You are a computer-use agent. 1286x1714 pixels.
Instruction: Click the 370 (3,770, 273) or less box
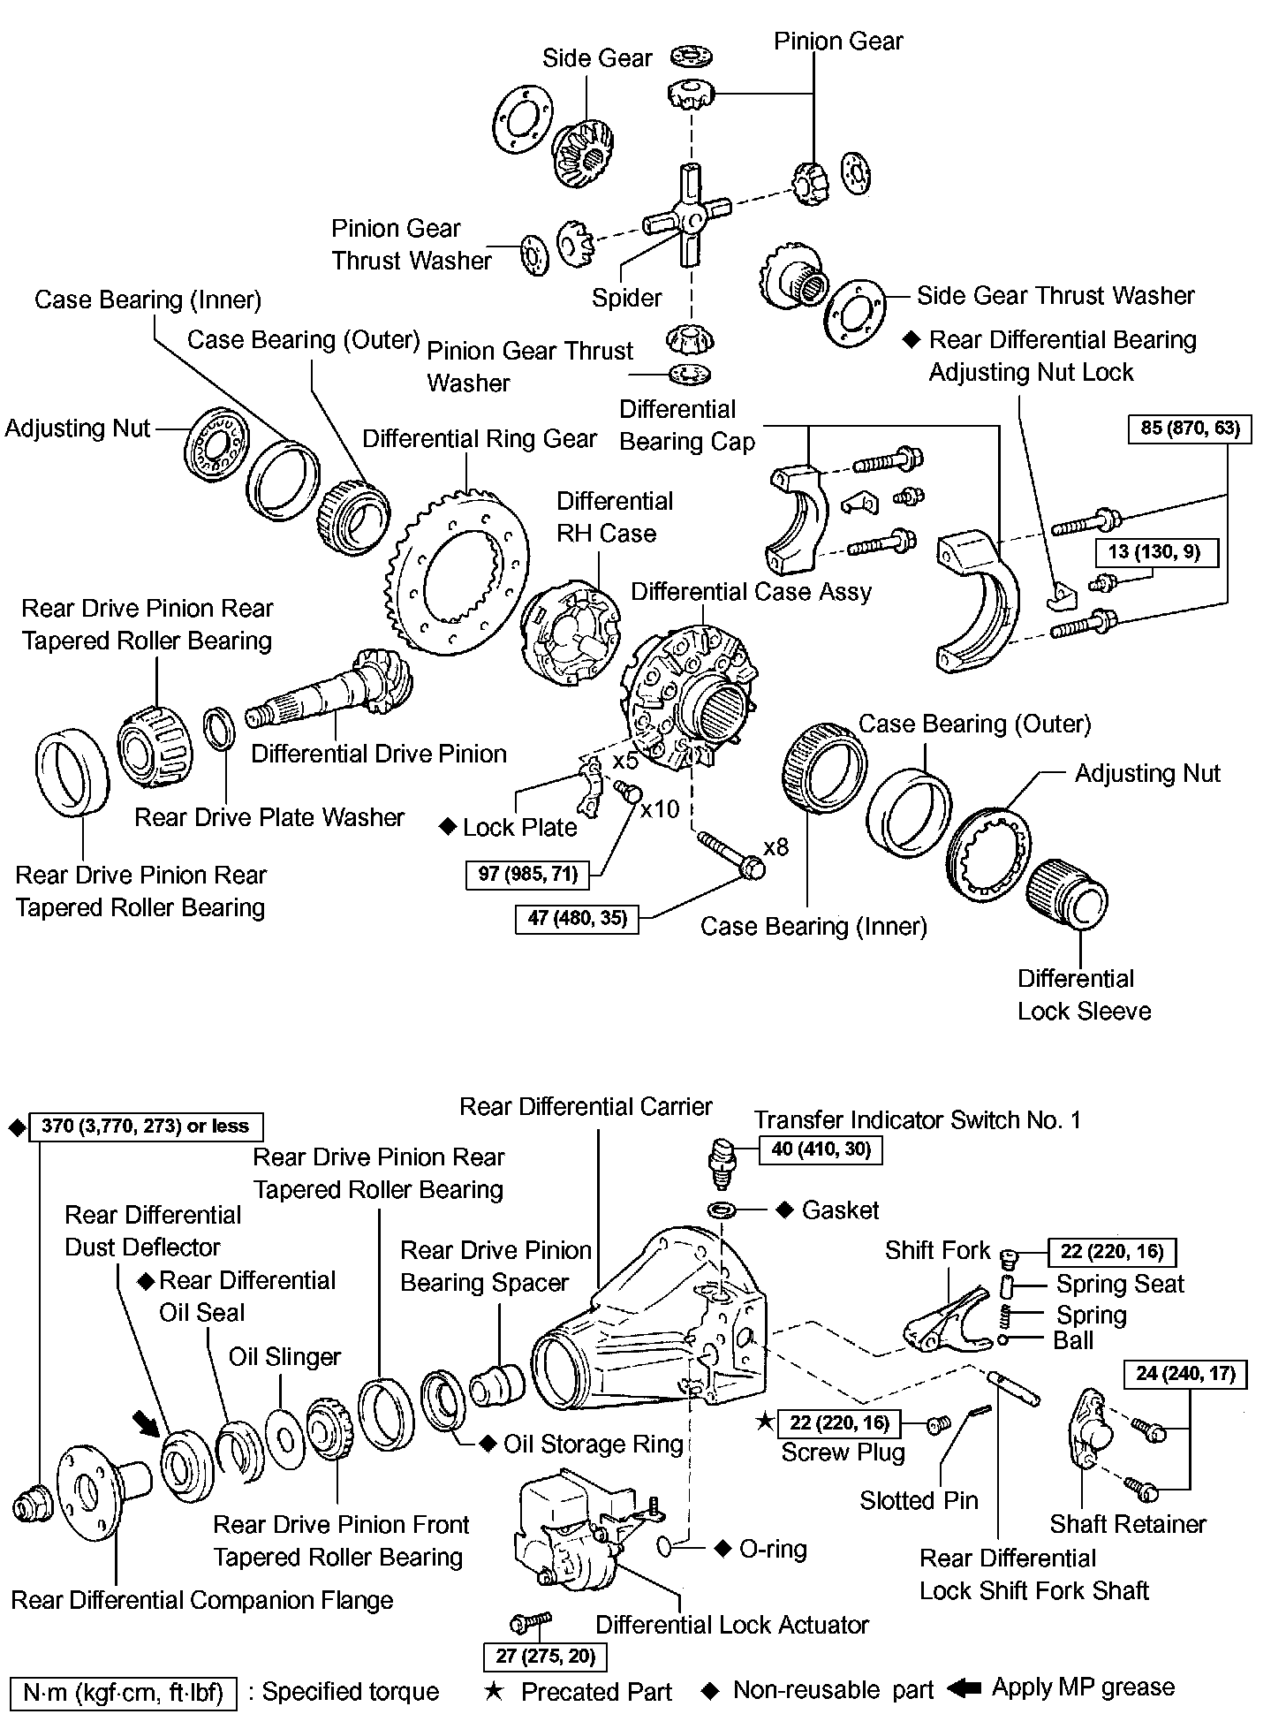pyautogui.click(x=146, y=1126)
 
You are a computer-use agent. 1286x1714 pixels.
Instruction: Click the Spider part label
pyautogui.click(x=626, y=298)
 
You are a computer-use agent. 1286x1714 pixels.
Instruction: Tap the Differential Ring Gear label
pyautogui.click(x=480, y=438)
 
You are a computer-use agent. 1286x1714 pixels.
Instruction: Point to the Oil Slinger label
pyautogui.click(x=284, y=1357)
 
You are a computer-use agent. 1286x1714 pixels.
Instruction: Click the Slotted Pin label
pyautogui.click(x=919, y=1500)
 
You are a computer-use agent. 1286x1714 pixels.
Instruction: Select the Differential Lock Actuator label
pyautogui.click(x=732, y=1625)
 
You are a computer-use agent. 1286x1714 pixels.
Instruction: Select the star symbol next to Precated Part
pyautogui.click(x=495, y=1692)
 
